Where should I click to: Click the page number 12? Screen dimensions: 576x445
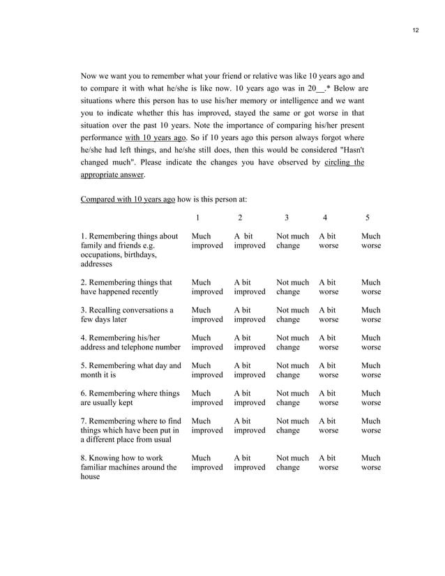416,31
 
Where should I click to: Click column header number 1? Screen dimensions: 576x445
198,217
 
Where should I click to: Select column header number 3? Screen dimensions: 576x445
287,217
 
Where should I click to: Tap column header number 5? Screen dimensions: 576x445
368,217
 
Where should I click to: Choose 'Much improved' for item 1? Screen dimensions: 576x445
207,241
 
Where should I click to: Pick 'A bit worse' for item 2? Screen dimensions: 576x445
329,287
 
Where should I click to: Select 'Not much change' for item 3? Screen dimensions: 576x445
292,314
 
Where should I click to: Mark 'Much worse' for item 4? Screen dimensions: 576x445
371,342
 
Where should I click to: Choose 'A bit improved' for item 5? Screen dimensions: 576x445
250,370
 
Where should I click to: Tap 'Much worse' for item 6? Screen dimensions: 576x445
371,397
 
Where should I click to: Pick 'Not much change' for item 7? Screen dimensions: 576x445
292,425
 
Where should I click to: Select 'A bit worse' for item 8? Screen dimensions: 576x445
329,462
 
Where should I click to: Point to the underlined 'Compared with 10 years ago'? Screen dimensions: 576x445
128,199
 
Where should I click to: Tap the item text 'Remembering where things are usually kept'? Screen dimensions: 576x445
130,397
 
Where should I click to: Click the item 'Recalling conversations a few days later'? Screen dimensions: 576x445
127,314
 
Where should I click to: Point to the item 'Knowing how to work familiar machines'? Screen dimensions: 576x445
129,467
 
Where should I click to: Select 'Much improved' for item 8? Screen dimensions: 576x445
207,462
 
